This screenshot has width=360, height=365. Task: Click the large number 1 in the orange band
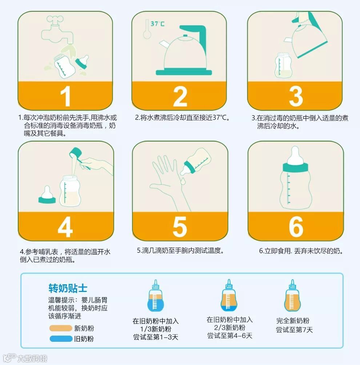[x=66, y=96]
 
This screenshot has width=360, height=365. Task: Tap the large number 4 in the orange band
[x=65, y=227]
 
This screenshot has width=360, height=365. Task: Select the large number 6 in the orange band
[x=296, y=226]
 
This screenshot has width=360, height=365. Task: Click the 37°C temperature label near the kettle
[x=157, y=24]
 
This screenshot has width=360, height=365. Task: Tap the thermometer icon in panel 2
[x=147, y=29]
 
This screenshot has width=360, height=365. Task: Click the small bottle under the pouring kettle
[x=283, y=65]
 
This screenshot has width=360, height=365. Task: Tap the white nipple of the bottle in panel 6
[x=295, y=155]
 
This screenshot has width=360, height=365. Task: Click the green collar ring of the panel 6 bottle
[x=295, y=168]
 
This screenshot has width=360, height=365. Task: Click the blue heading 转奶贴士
[x=68, y=288]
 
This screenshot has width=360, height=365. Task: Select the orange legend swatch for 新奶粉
[x=61, y=328]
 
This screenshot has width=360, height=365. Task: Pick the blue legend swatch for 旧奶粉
[x=61, y=339]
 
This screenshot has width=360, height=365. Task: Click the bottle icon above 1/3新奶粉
[x=156, y=296]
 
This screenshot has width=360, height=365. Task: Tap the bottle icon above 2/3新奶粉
[x=229, y=295]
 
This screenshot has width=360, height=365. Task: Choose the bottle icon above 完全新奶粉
[x=292, y=295]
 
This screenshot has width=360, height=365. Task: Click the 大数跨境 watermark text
[x=32, y=358]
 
